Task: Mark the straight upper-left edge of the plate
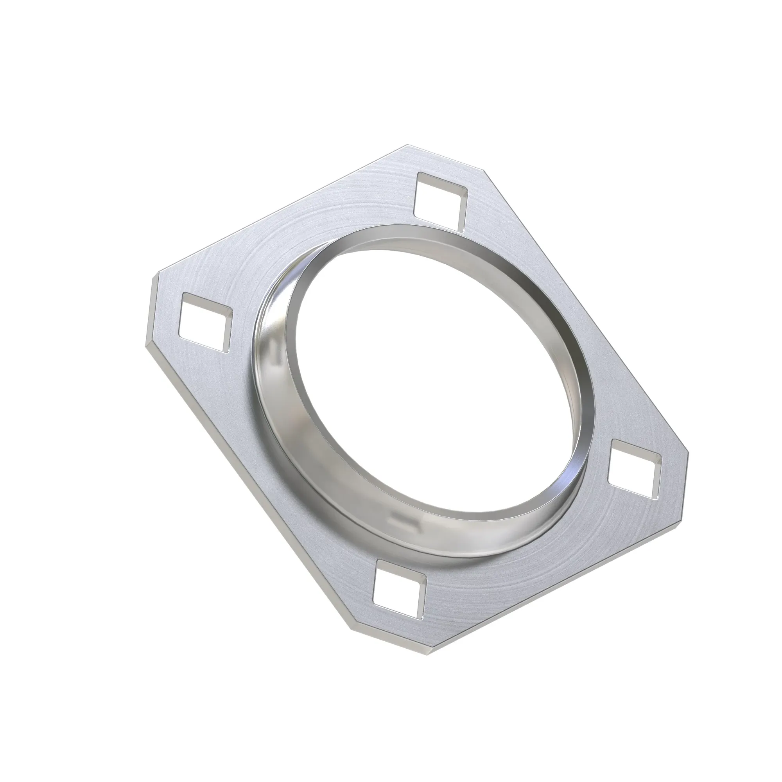(x=279, y=210)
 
